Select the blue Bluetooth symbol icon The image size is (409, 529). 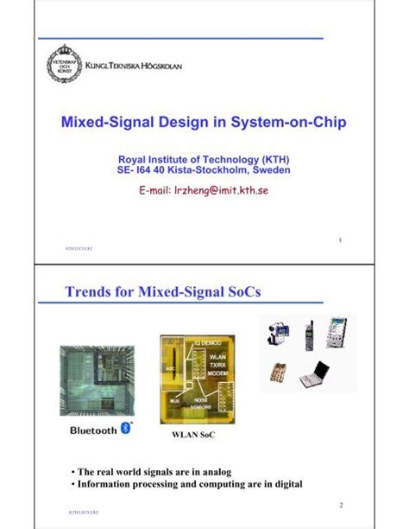(125, 430)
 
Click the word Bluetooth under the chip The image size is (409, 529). (92, 430)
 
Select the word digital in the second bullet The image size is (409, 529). (283, 484)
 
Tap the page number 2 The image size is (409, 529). (342, 504)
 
